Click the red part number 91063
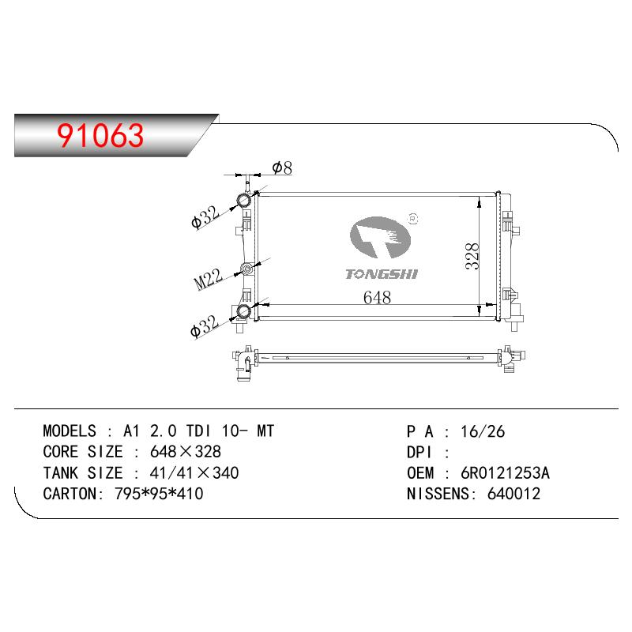tap(100, 135)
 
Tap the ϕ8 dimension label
tap(282, 167)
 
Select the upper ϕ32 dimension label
tap(205, 216)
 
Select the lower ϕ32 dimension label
tap(205, 325)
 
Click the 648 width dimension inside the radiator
tap(377, 298)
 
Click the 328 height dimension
tap(472, 256)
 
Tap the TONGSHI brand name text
tap(382, 274)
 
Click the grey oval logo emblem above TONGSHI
tap(380, 238)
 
